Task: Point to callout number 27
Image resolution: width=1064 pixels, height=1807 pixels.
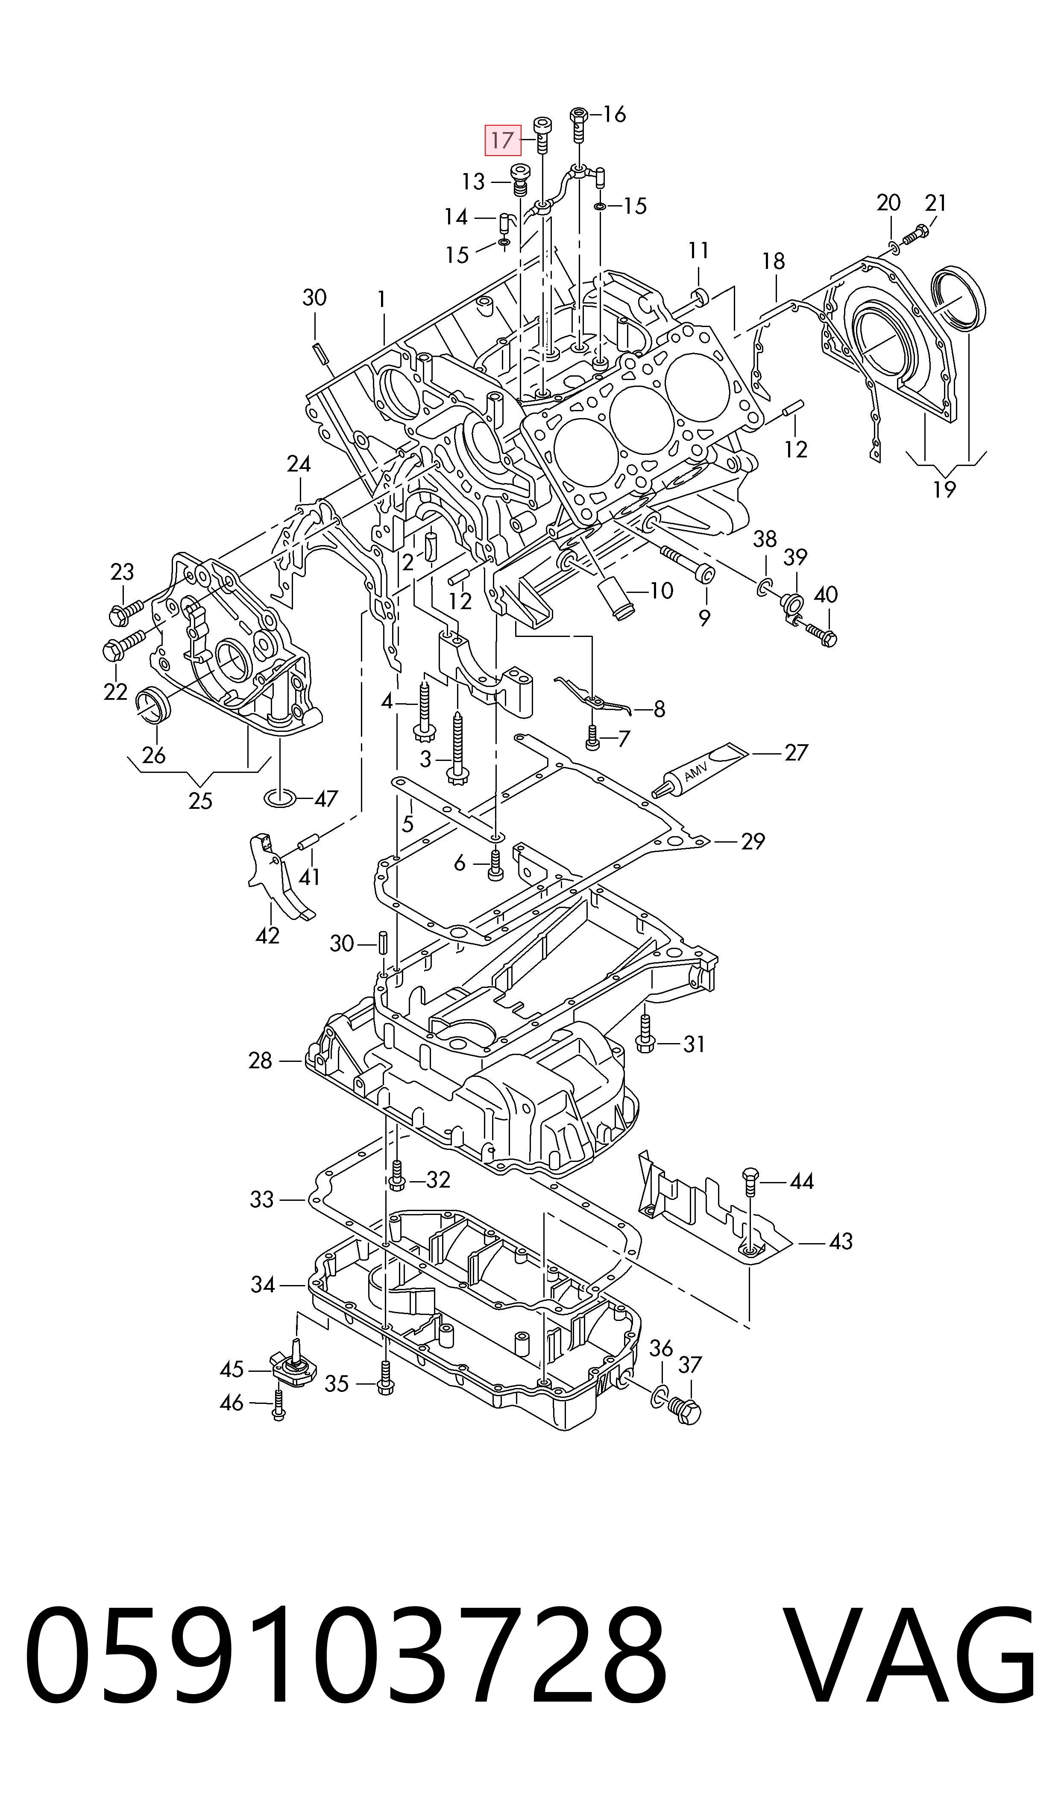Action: click(796, 752)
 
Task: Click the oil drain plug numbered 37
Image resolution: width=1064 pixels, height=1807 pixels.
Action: click(686, 1411)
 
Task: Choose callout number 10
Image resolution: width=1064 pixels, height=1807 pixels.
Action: click(661, 590)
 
